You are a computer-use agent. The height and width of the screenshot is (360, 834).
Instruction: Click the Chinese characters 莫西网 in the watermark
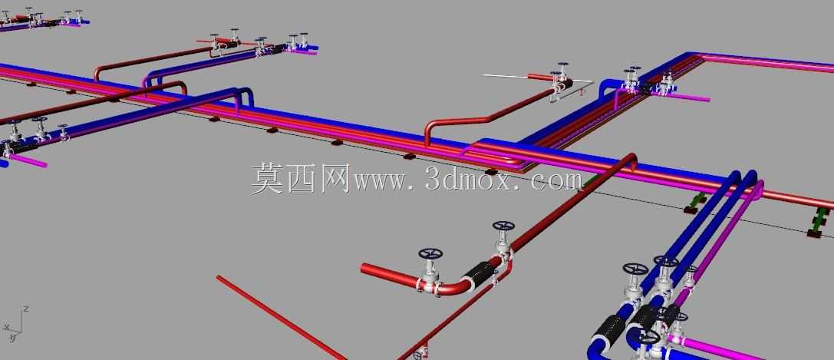coord(301,179)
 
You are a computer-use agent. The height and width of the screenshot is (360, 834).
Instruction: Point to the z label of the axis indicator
coord(26,309)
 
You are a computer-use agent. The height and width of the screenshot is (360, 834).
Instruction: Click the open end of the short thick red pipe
coord(364,268)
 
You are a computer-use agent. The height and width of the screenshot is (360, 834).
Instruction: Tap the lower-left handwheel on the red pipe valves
coord(431,253)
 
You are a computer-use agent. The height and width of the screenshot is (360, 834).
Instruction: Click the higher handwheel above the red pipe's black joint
coord(503,226)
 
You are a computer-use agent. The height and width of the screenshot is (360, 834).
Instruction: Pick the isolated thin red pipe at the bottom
coord(282,318)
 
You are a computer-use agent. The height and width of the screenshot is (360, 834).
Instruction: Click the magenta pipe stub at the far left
coord(27,160)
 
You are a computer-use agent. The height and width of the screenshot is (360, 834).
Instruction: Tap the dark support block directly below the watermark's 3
coord(408,156)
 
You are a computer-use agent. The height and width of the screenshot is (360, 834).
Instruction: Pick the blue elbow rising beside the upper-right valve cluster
coord(608,88)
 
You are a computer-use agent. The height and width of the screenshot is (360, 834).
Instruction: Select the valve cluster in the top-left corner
coord(42,18)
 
